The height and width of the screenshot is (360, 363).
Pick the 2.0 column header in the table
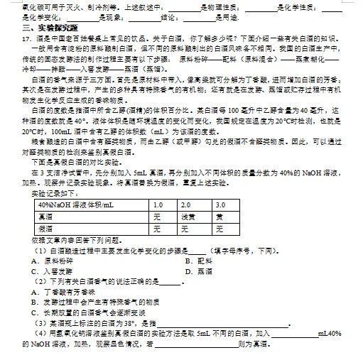pos(187,205)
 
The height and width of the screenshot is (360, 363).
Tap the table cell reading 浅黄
pos(187,217)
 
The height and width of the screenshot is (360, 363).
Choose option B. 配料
pos(195,260)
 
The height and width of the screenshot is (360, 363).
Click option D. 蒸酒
pos(195,270)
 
